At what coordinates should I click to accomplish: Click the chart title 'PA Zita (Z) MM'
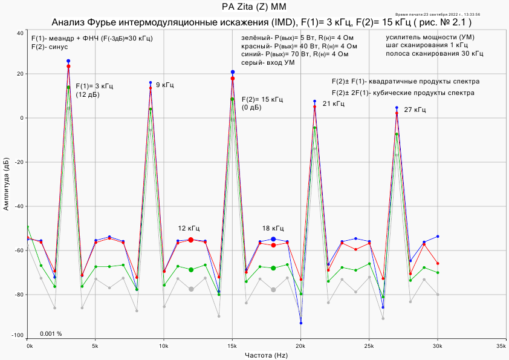[253, 7]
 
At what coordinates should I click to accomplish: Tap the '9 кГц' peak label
[164, 85]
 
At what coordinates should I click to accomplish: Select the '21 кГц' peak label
[334, 103]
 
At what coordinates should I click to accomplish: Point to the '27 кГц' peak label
[415, 110]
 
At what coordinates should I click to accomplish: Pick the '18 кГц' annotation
[273, 228]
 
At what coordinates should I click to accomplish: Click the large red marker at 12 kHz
[191, 240]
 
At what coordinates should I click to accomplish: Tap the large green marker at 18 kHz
[273, 268]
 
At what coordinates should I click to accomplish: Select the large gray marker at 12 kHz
[191, 289]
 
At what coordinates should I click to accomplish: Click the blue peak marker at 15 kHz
[232, 72]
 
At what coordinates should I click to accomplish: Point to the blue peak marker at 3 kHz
[68, 61]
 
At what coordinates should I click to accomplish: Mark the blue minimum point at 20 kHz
[300, 323]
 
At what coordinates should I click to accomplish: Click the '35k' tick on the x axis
[500, 347]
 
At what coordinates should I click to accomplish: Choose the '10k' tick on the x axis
[163, 347]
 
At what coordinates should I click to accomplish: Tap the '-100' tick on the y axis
[18, 335]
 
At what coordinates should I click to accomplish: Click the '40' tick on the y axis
[21, 33]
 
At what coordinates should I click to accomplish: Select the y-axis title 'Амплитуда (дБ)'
[7, 185]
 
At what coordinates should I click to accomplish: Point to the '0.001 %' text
[51, 334]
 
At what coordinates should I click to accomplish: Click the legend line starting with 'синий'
[294, 54]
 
